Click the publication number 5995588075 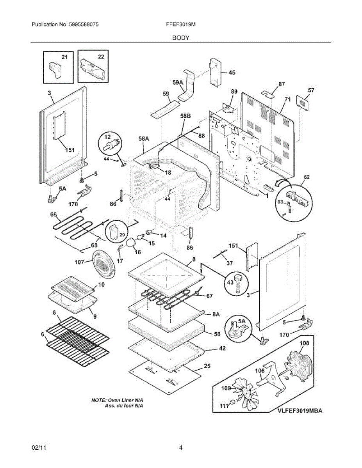pyautogui.click(x=84, y=24)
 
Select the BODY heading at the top pyautogui.click(x=181, y=38)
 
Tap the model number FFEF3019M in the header pyautogui.click(x=181, y=24)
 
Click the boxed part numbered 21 pyautogui.click(x=55, y=70)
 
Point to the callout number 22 pyautogui.click(x=101, y=57)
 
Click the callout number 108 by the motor pyautogui.click(x=304, y=343)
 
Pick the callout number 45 pyautogui.click(x=232, y=73)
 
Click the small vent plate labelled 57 pyautogui.click(x=303, y=103)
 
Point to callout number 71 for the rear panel pyautogui.click(x=287, y=99)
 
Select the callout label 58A pyautogui.click(x=144, y=139)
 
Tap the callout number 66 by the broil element pyautogui.click(x=53, y=214)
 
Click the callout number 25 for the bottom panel pyautogui.click(x=207, y=366)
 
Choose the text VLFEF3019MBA pyautogui.click(x=300, y=411)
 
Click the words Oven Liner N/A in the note pyautogui.click(x=125, y=401)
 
